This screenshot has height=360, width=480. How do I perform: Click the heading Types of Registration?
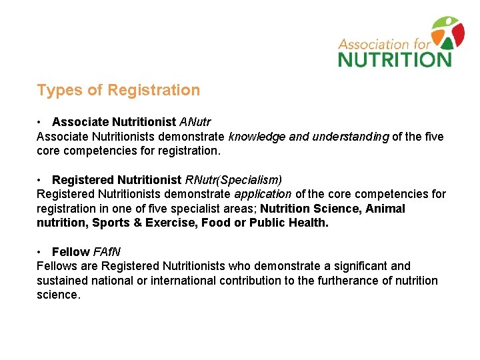[x=118, y=90]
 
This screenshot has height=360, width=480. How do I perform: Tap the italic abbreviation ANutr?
[x=195, y=122]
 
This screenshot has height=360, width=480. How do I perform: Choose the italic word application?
[x=263, y=195]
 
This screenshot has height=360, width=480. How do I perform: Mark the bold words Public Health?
[x=288, y=223]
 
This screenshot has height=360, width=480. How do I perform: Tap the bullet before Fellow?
[x=41, y=251]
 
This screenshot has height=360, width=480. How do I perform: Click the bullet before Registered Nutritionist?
[x=41, y=180]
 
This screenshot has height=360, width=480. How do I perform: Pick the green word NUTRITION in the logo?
[x=395, y=59]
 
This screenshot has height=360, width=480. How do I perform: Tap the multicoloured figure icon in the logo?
[x=447, y=32]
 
